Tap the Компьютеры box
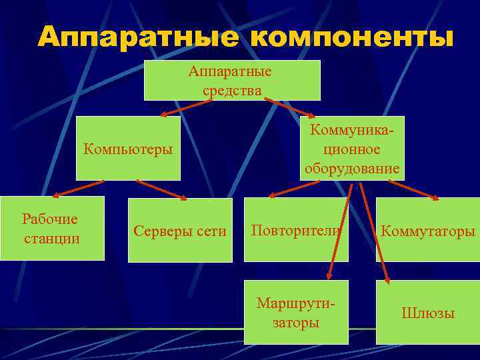[x=128, y=148]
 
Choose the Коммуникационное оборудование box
[x=352, y=148]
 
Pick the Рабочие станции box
[x=52, y=228]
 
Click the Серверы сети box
[x=180, y=231]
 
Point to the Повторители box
[x=296, y=230]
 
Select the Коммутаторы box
[x=427, y=231]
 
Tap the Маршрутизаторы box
[x=296, y=313]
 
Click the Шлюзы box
[x=427, y=313]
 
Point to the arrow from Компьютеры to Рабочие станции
[x=77, y=188]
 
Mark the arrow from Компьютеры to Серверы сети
[x=161, y=189]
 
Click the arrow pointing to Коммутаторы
[x=412, y=189]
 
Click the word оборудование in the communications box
[x=352, y=169]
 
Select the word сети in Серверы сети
[x=210, y=231]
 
